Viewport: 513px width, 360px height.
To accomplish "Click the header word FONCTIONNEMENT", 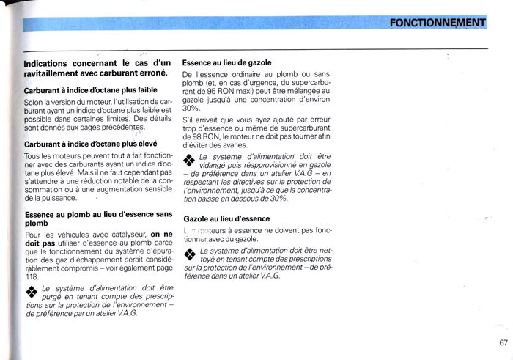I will [437, 23].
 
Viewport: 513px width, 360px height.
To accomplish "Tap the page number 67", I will [503, 342].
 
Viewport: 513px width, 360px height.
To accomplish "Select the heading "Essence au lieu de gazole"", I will [226, 63].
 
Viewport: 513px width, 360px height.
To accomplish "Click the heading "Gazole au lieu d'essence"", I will [226, 218].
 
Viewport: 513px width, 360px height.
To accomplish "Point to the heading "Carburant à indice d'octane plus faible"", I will [90, 89].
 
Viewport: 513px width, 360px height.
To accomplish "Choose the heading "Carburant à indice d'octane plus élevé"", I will [92, 144].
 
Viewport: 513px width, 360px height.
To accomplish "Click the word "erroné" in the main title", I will [150, 73].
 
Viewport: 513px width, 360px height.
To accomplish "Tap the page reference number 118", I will [32, 276].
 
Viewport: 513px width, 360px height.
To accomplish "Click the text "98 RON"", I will [199, 137].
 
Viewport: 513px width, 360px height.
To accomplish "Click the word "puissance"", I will [59, 199].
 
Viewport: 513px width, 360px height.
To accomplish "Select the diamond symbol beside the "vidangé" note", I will [189, 160].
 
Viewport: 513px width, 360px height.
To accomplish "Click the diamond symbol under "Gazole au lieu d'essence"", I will [189, 254].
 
